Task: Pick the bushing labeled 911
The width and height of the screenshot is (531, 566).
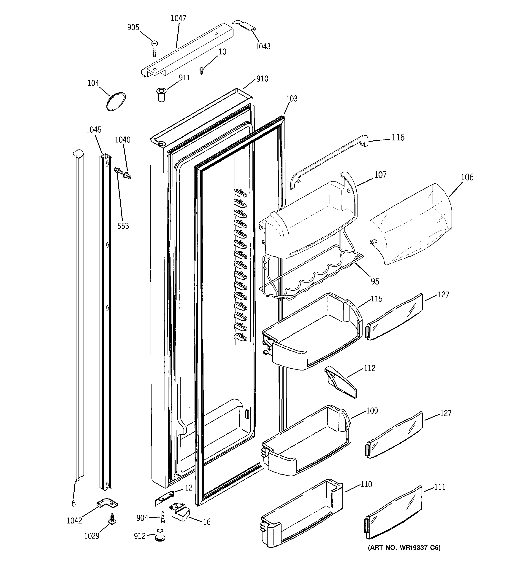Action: click(x=161, y=95)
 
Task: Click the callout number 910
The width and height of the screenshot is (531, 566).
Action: click(x=262, y=79)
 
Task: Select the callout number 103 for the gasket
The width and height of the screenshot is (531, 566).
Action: click(x=292, y=99)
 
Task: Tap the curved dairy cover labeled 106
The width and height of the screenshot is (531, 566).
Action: click(x=410, y=225)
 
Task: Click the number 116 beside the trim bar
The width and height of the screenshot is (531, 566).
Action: click(x=398, y=137)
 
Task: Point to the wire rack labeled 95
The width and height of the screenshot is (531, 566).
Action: click(x=311, y=273)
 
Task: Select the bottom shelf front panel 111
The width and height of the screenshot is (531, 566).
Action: click(x=393, y=512)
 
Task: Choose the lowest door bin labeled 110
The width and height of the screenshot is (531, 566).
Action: click(x=302, y=512)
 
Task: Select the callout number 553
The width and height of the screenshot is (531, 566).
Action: click(x=123, y=226)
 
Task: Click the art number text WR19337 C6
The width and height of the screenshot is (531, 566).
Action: click(x=404, y=547)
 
